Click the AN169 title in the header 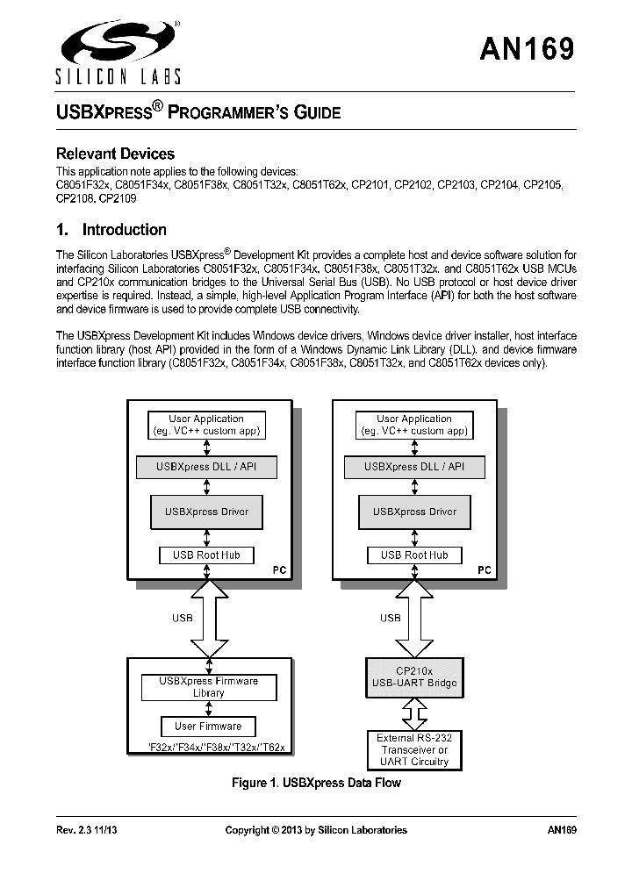click(x=527, y=48)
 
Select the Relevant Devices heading click(x=115, y=154)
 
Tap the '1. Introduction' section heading click(x=111, y=230)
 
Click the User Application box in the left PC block click(x=207, y=425)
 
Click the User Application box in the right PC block click(x=414, y=425)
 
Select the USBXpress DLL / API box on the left click(x=207, y=467)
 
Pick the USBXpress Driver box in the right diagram click(x=414, y=512)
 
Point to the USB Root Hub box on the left click(x=207, y=555)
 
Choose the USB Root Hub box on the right click(x=414, y=555)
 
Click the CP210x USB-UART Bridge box click(x=414, y=677)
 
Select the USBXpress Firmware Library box click(x=209, y=686)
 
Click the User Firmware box click(x=208, y=726)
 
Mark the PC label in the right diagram click(x=485, y=570)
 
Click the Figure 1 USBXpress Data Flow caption click(x=316, y=783)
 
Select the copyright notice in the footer click(x=316, y=830)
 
